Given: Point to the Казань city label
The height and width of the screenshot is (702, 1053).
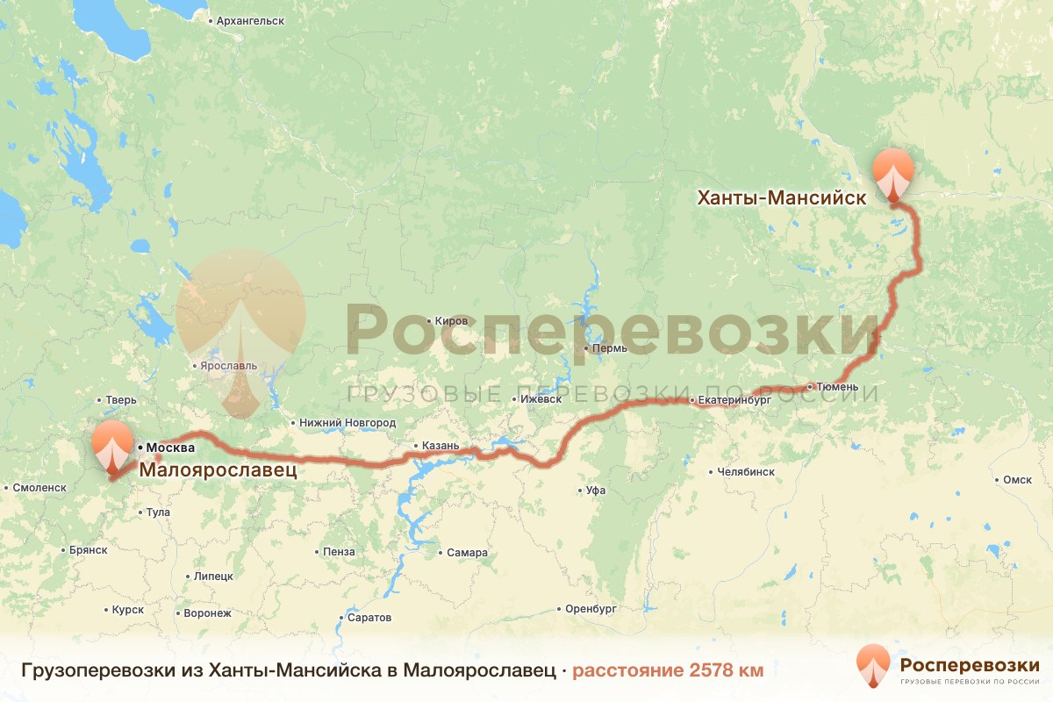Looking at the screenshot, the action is tap(440, 446).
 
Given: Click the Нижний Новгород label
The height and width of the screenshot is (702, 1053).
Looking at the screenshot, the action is tap(347, 423).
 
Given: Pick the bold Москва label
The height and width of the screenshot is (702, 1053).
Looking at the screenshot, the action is tap(170, 448).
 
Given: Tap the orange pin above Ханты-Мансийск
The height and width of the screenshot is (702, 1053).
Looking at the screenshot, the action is tap(893, 172).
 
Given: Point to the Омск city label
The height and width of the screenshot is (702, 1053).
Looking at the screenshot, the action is tap(1018, 480).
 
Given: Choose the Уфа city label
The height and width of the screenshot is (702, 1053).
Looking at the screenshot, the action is tap(596, 491).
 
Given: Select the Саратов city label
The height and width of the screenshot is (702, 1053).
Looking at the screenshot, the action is tap(369, 618).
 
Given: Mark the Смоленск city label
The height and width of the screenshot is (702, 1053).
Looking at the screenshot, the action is tap(40, 487).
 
